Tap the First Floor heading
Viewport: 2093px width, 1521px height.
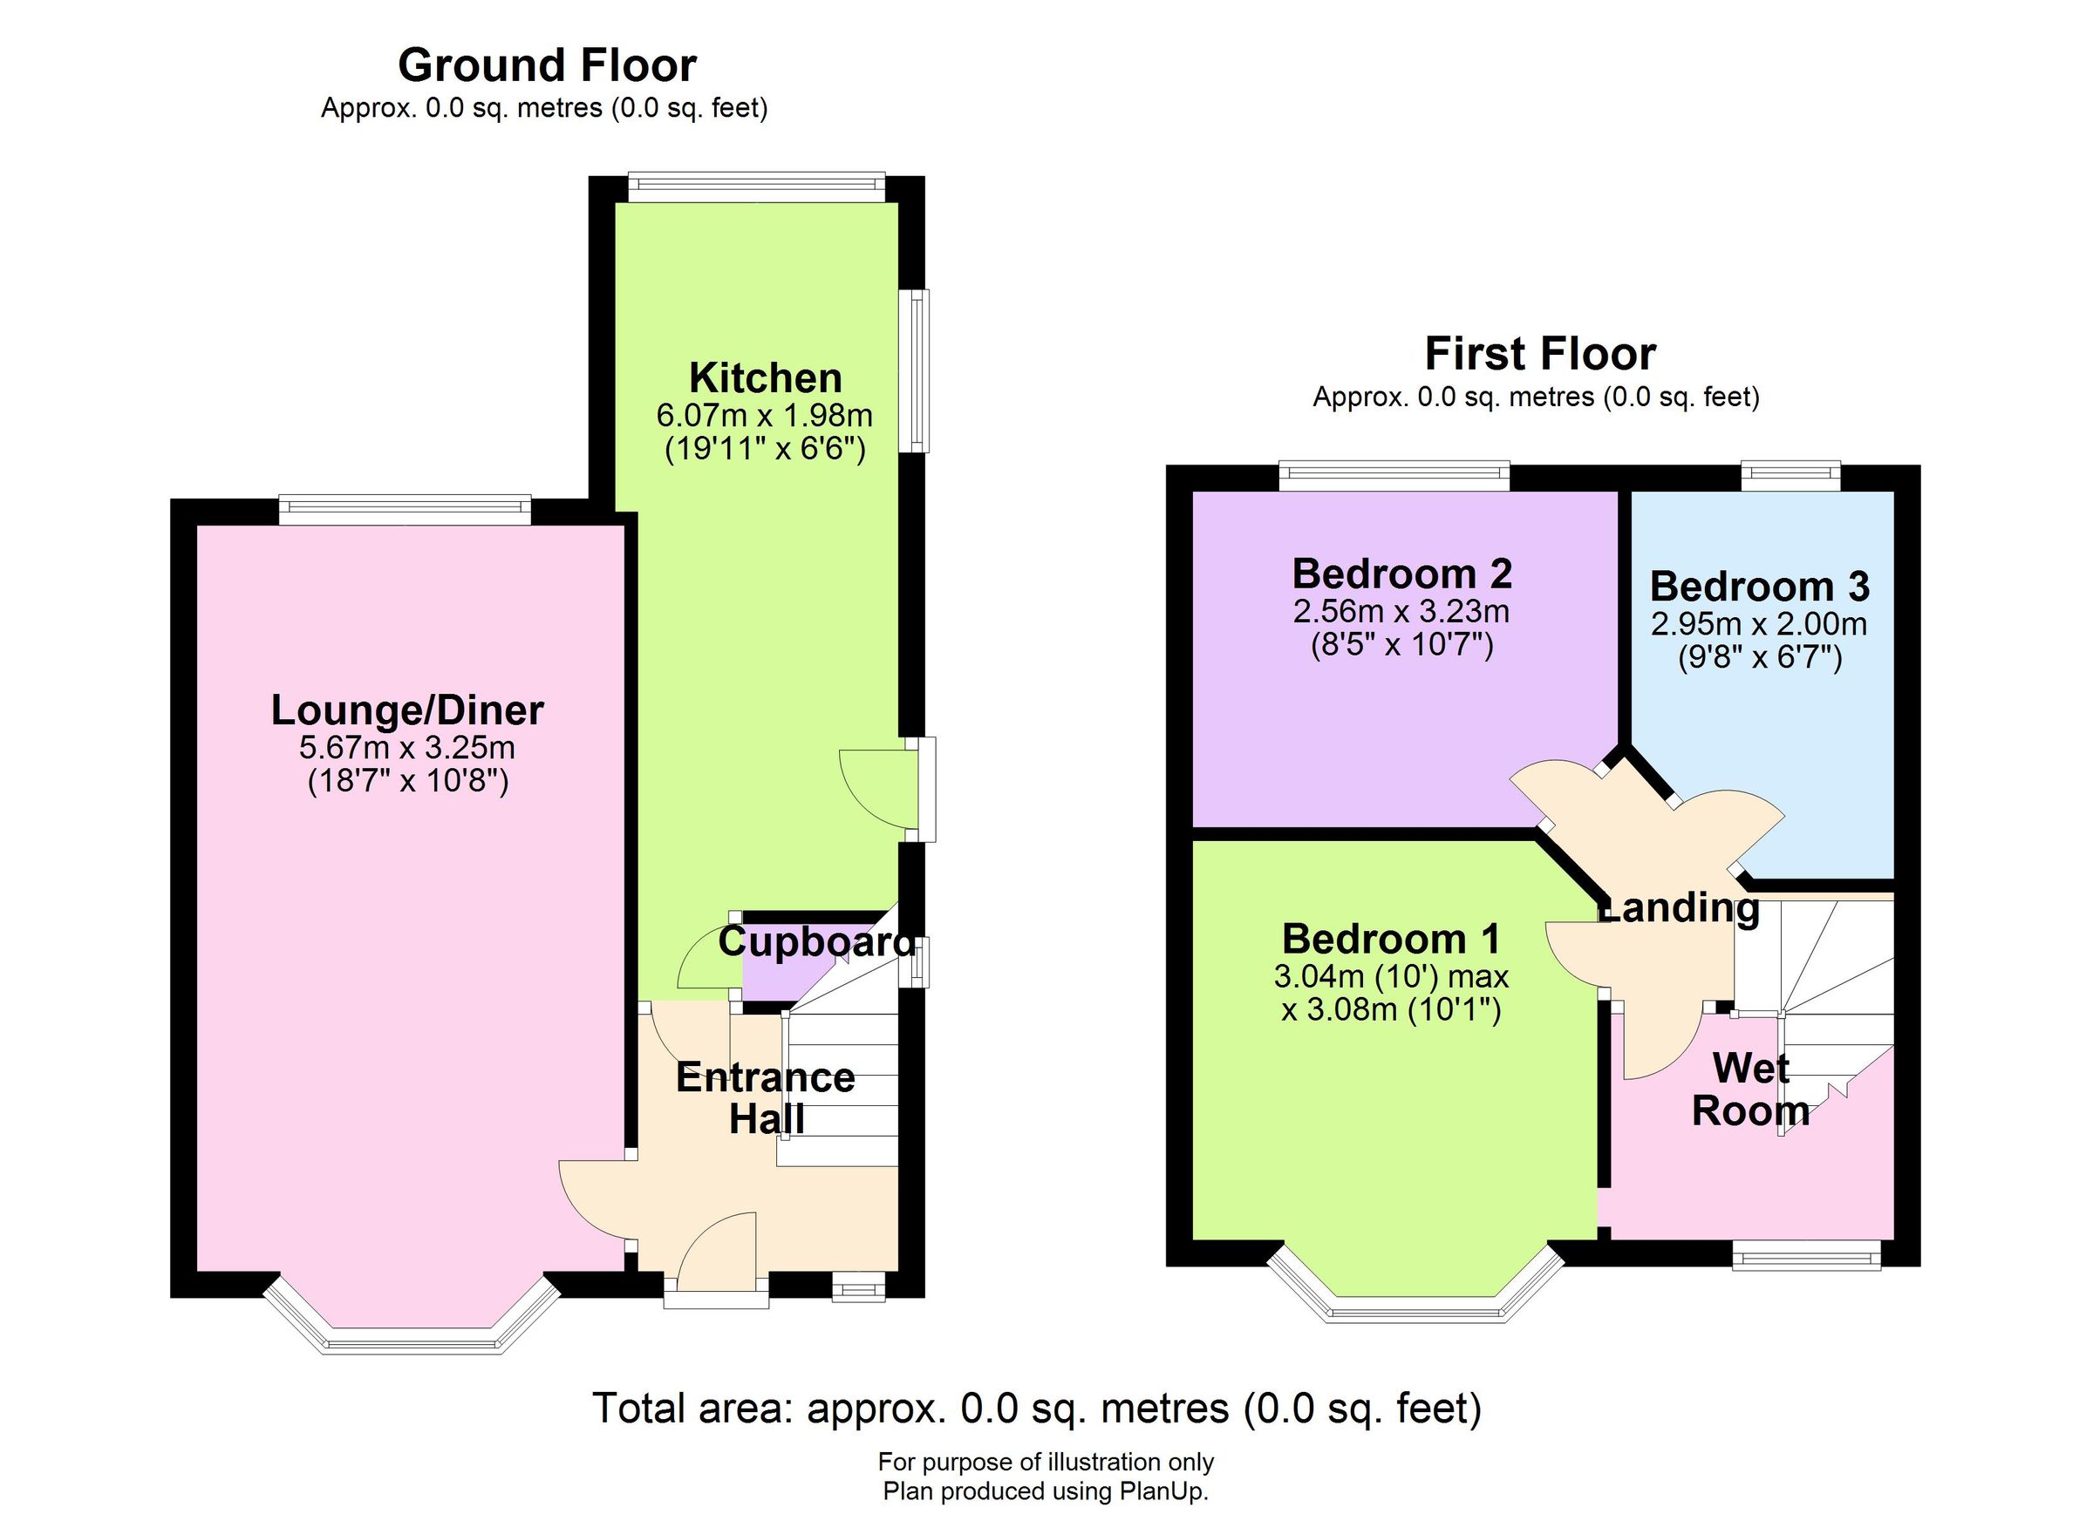pos(1539,354)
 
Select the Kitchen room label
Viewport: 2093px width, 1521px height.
pos(765,378)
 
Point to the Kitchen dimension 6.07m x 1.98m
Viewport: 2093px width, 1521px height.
pos(764,415)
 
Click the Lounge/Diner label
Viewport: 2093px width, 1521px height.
pos(407,710)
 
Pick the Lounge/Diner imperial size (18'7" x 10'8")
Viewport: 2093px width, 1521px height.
pos(407,782)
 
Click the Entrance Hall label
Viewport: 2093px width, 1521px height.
pos(765,1097)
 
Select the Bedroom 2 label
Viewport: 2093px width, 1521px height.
pos(1401,574)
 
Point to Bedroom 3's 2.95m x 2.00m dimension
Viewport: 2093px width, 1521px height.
pos(1758,624)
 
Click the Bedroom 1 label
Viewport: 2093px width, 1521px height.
pos(1391,939)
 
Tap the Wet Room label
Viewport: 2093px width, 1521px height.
pos(1749,1090)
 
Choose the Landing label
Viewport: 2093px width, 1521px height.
pos(1680,907)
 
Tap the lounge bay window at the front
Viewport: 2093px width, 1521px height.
pos(412,1340)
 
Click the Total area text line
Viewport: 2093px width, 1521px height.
pos(1036,1409)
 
